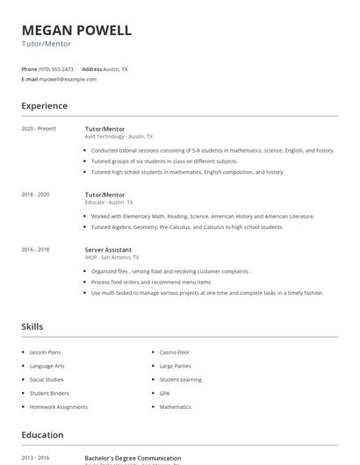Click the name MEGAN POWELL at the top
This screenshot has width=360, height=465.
click(76, 31)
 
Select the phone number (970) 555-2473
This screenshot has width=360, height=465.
click(56, 68)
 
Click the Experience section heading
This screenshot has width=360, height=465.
click(44, 106)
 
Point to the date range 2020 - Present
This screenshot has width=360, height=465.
click(39, 129)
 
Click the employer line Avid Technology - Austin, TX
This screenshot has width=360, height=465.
click(119, 137)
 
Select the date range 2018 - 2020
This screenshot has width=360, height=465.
click(35, 194)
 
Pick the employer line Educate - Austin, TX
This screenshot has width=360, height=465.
click(111, 202)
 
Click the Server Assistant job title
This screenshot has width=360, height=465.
click(108, 249)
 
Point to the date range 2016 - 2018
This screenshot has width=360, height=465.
click(35, 249)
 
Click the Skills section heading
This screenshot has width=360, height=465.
click(32, 326)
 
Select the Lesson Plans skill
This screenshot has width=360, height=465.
click(45, 352)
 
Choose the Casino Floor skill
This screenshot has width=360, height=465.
click(174, 352)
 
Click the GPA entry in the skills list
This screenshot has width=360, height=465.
click(164, 393)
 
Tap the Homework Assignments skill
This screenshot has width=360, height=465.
click(58, 407)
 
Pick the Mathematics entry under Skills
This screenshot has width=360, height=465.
click(175, 407)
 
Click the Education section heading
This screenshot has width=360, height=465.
click(42, 435)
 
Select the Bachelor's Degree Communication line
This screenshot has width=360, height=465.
click(133, 458)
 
